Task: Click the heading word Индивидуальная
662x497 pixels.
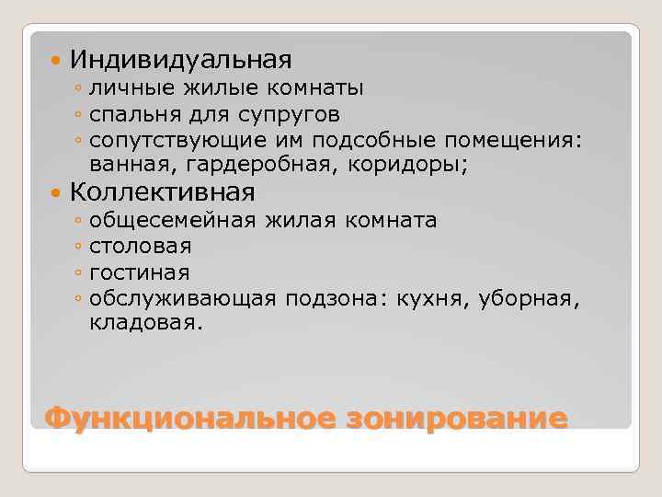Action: coord(180,60)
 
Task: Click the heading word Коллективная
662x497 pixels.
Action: coord(162,192)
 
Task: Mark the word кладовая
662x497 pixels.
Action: coord(143,323)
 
